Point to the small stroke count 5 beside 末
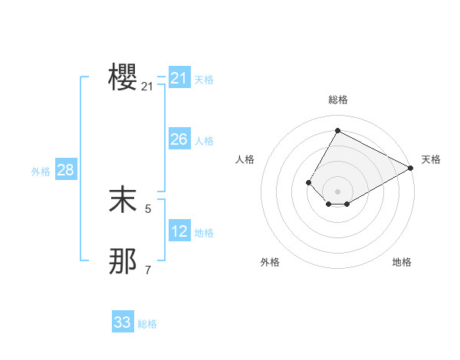point(148,208)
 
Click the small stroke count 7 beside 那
point(148,270)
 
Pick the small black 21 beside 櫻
point(147,87)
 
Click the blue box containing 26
point(179,139)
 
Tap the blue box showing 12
point(179,231)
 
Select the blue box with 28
point(65,170)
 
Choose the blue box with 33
point(123,322)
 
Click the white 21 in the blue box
point(179,78)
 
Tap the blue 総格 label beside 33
point(147,324)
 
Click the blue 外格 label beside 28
point(41,172)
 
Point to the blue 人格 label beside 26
point(204,141)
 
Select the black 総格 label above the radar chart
point(337,100)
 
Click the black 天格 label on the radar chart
point(431,159)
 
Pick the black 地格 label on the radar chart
point(402,263)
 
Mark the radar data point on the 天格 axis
point(412,169)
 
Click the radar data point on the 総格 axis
point(337,130)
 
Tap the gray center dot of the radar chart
point(337,191)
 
